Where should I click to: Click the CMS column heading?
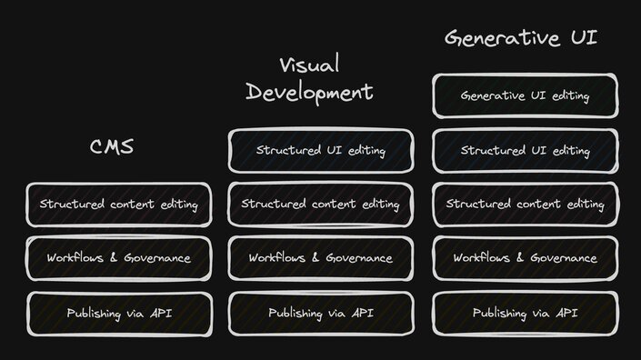point(112,146)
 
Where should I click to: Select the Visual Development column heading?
point(309,78)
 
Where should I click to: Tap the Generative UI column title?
point(521,37)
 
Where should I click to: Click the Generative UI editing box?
point(525,95)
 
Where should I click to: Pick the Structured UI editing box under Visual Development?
point(320,150)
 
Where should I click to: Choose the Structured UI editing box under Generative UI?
point(525,150)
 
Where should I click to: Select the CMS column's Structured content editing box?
point(118,205)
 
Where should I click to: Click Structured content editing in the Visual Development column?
point(320,205)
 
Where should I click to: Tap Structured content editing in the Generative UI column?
point(525,205)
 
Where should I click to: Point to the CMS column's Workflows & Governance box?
point(118,258)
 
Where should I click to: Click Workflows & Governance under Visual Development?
point(320,258)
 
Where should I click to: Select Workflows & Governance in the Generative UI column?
point(525,258)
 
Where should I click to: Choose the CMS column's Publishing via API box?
point(118,314)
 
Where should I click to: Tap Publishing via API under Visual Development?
point(320,314)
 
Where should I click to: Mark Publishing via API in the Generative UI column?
point(525,314)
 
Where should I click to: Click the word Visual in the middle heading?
point(309,65)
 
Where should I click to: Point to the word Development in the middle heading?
point(309,92)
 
